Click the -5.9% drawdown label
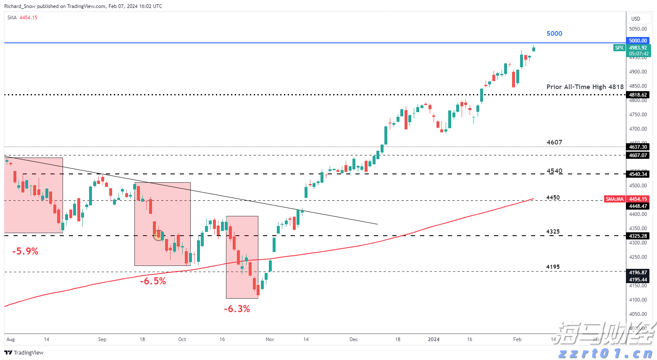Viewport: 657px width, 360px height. coord(25,252)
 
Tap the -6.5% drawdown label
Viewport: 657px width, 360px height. coord(153,281)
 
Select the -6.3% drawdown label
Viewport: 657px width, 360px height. coord(237,309)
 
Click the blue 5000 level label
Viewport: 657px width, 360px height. coord(554,34)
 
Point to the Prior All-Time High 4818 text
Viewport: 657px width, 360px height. coord(585,87)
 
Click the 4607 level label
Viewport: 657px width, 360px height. coord(554,142)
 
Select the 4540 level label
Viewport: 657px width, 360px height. coord(554,171)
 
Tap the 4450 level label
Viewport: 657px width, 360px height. coord(553,197)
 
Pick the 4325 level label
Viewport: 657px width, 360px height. coord(553,231)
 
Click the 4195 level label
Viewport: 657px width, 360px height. coord(553,267)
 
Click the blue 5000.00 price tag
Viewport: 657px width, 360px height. coord(638,41)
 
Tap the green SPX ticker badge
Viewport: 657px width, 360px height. coord(619,48)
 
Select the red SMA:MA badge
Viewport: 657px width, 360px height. coord(615,199)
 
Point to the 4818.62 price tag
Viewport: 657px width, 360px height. coord(638,95)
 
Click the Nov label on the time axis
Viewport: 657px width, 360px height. coord(270,339)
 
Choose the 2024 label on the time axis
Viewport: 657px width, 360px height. coord(434,339)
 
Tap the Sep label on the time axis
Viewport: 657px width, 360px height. coord(102,339)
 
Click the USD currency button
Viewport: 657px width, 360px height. coord(636,18)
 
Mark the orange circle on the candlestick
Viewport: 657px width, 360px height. coord(158,235)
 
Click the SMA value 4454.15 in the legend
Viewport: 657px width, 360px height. coord(28,18)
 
